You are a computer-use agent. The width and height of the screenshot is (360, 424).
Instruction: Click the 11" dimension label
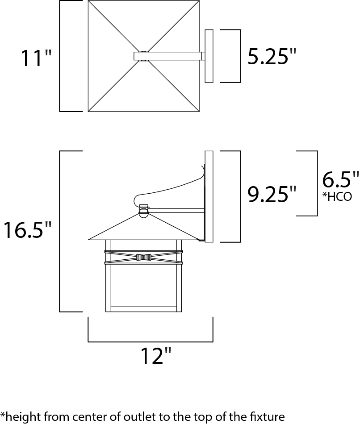36,58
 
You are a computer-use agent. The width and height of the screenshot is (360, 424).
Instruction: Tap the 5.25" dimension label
272,56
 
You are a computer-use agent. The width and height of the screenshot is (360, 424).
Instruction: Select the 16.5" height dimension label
27,230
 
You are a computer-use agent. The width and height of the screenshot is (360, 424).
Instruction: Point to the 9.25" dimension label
272,194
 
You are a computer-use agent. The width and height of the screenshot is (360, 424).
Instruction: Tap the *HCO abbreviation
337,196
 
